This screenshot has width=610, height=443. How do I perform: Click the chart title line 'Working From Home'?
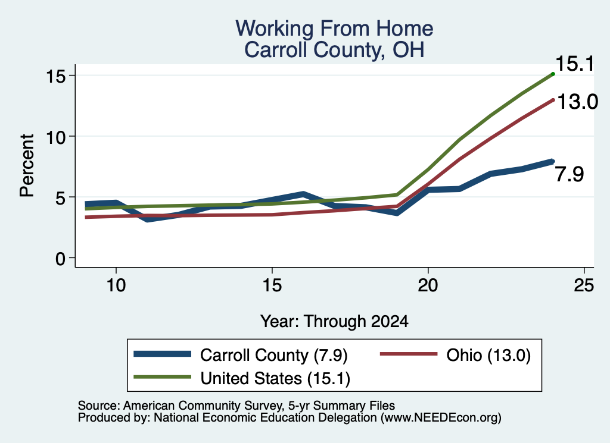click(x=334, y=29)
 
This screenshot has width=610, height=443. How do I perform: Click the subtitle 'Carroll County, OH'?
click(x=334, y=50)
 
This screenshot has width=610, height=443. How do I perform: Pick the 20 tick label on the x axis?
click(x=428, y=285)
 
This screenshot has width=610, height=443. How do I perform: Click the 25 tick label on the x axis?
click(x=584, y=285)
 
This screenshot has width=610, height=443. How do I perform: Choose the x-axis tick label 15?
click(x=272, y=285)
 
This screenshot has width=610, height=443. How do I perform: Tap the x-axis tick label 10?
click(x=116, y=285)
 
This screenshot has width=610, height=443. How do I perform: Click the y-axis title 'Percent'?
click(x=27, y=166)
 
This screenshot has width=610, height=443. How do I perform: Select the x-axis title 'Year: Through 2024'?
click(x=334, y=322)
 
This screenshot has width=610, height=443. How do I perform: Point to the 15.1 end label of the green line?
click(x=575, y=64)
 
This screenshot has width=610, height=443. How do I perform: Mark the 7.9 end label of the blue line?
click(x=569, y=174)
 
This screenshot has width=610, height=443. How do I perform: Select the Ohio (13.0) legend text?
click(x=488, y=355)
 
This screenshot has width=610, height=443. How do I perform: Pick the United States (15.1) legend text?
click(x=275, y=379)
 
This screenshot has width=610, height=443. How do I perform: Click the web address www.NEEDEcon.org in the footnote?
click(x=440, y=418)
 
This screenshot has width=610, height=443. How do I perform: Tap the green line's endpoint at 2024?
click(x=553, y=73)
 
